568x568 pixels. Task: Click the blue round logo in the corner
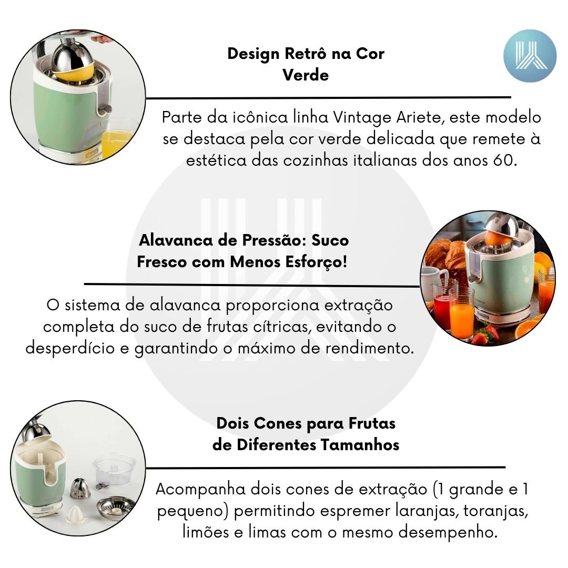530,56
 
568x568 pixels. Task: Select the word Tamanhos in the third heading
360,445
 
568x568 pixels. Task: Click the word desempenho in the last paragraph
448,533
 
